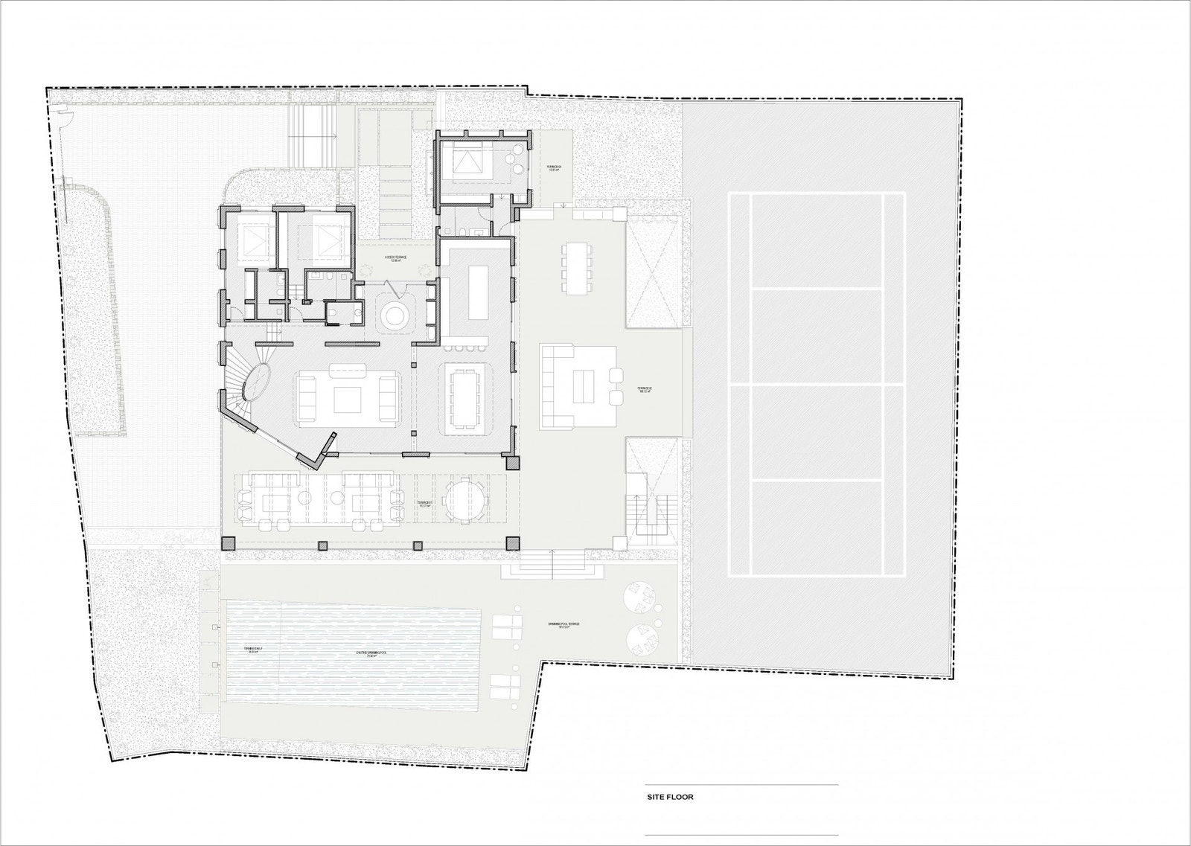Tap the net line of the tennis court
[x=817, y=383]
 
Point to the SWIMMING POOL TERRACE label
[x=563, y=627]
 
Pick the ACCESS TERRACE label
[x=395, y=260]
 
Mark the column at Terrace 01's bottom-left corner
[x=229, y=542]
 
